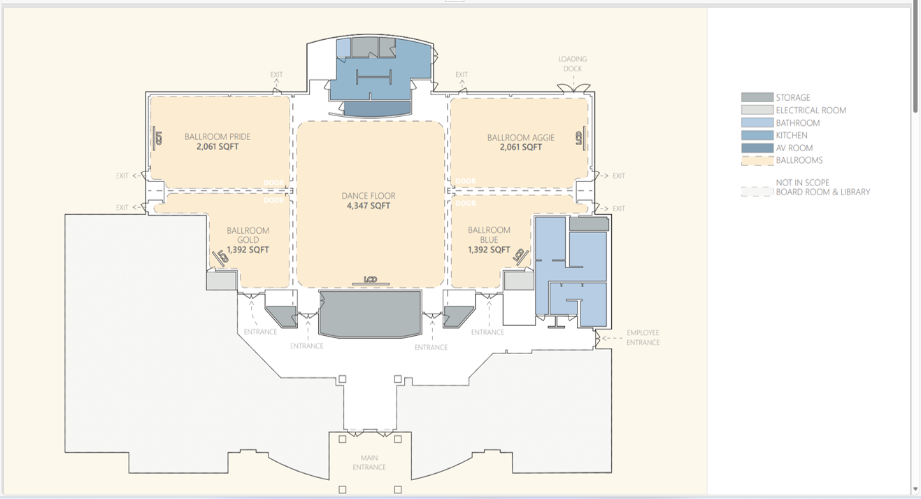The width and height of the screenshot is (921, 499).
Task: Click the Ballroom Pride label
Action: (217, 136)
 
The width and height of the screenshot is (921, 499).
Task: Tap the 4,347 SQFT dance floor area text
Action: (369, 206)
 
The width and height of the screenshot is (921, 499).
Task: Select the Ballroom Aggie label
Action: (520, 137)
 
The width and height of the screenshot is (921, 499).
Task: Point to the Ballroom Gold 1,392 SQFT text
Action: (248, 250)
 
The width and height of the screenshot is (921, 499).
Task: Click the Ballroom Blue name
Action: (489, 235)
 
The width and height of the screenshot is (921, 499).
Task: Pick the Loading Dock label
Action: (572, 64)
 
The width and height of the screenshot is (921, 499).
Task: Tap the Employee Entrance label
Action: (643, 337)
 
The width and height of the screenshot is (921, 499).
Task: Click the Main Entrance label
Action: (369, 463)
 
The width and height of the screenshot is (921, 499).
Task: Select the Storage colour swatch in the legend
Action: (757, 97)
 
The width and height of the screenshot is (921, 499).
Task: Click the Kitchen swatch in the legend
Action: (757, 135)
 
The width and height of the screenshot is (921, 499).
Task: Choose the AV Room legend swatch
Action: (757, 148)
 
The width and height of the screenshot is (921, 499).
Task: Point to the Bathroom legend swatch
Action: (757, 122)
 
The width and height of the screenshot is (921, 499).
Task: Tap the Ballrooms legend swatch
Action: (757, 160)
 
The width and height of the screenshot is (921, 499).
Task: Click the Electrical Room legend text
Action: (811, 111)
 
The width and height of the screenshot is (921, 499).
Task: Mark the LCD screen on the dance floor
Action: (371, 281)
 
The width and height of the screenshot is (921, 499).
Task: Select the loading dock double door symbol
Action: (573, 88)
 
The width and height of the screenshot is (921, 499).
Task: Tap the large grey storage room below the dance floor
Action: (370, 314)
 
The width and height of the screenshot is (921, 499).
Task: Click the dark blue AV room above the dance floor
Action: (377, 109)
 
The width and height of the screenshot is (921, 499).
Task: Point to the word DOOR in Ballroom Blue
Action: (466, 203)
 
